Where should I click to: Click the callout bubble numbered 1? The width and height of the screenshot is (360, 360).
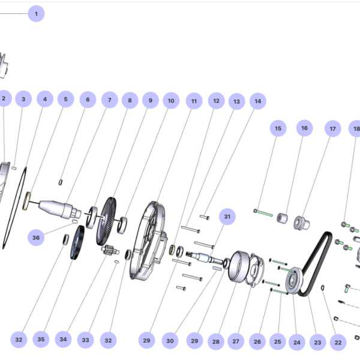point(36,14)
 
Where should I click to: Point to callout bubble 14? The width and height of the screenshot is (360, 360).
point(258,101)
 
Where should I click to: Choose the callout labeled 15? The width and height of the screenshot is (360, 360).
point(278,128)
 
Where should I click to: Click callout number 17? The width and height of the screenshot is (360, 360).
point(332,128)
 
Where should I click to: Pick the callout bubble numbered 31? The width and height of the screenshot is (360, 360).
point(227,216)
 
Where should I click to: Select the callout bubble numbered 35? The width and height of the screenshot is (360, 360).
point(41,340)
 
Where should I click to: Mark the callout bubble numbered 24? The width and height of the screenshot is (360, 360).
point(296,343)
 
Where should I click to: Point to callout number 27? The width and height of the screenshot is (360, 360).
point(236,341)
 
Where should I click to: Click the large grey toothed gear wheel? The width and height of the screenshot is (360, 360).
point(109,220)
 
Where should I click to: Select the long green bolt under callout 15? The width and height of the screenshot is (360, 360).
point(265,212)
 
